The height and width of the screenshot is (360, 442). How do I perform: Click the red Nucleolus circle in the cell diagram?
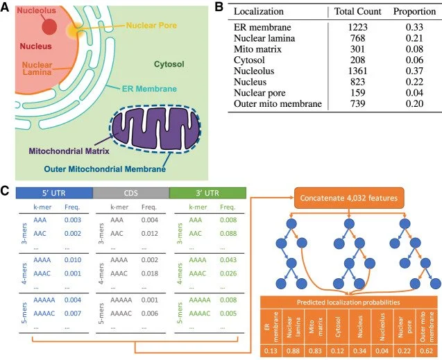point(49,26)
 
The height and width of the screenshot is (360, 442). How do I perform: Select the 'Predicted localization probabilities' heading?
point(348,302)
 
